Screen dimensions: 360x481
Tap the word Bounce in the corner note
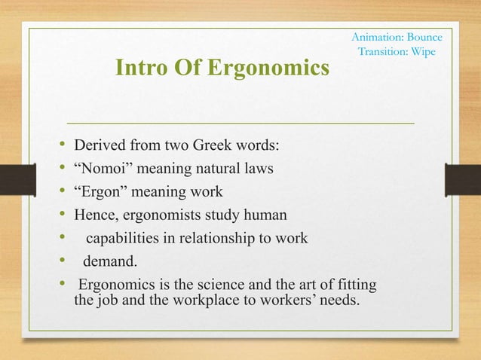point(424,37)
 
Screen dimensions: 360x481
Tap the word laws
point(257,168)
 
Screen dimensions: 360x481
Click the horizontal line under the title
point(241,121)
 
